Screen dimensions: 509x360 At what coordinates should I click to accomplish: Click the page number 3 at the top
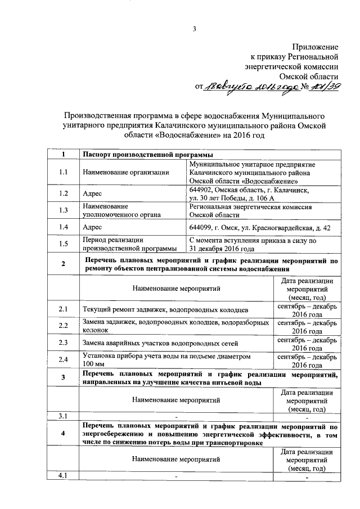194,29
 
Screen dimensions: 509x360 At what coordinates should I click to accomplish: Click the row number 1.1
63,172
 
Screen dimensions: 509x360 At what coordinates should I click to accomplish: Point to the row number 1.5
63,244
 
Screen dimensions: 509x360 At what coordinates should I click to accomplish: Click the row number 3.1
63,416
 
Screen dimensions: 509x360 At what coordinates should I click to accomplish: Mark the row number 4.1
63,476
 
